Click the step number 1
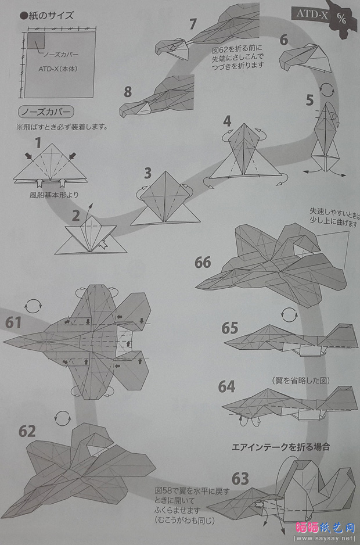[38, 142]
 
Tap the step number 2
[76, 217]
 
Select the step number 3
[148, 173]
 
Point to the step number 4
[227, 121]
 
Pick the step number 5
[310, 99]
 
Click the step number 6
[283, 40]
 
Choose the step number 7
[193, 24]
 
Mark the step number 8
[128, 91]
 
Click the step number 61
[16, 321]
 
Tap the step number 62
[27, 431]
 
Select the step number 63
[240, 479]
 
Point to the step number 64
[227, 386]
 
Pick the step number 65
[230, 328]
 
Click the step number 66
[203, 262]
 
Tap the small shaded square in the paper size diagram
[36, 40]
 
